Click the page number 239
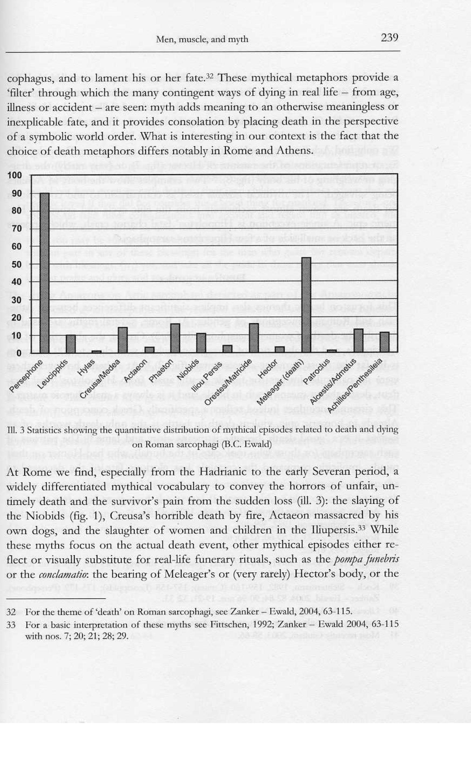(x=389, y=38)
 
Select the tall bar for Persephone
(x=44, y=272)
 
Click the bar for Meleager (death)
(x=306, y=305)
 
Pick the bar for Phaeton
(x=175, y=338)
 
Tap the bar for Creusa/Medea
(x=123, y=339)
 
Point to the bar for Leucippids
(x=71, y=343)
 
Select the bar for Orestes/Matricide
(x=254, y=338)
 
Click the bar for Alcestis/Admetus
(x=358, y=340)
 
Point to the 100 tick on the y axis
(x=15, y=175)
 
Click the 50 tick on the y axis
(x=16, y=264)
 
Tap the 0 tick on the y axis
(x=19, y=353)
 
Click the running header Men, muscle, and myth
(x=202, y=40)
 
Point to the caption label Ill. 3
(x=14, y=430)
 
